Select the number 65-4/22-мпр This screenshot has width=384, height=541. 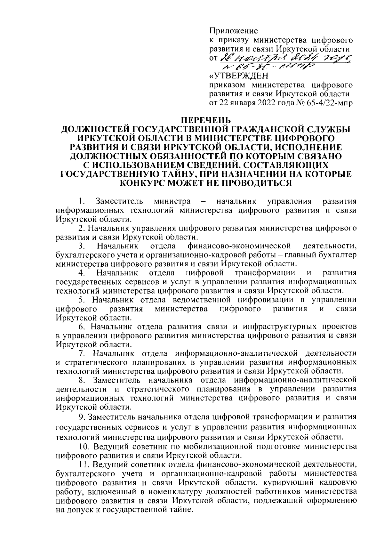pyautogui.click(x=327, y=103)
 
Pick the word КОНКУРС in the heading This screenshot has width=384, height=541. pyautogui.click(x=145, y=183)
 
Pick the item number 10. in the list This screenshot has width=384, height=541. pyautogui.click(x=84, y=446)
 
